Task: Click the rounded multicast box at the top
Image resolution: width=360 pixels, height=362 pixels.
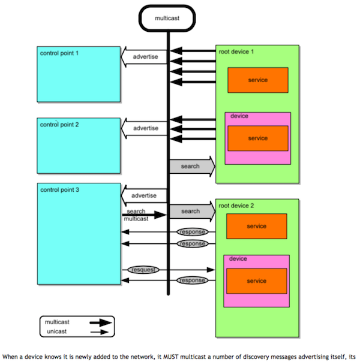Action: click(168, 17)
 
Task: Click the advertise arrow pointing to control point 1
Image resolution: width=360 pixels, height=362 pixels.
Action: click(144, 57)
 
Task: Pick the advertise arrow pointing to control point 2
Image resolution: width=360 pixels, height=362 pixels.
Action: click(144, 128)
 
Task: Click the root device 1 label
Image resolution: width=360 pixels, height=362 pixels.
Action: click(236, 52)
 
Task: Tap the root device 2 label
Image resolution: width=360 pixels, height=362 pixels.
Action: click(236, 206)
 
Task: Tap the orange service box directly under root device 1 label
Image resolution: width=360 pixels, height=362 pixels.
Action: click(257, 80)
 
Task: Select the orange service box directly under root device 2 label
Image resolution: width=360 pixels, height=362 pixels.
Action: click(256, 226)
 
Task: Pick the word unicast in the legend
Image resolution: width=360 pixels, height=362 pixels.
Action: click(57, 331)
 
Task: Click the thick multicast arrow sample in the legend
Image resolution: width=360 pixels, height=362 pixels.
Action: click(100, 322)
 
